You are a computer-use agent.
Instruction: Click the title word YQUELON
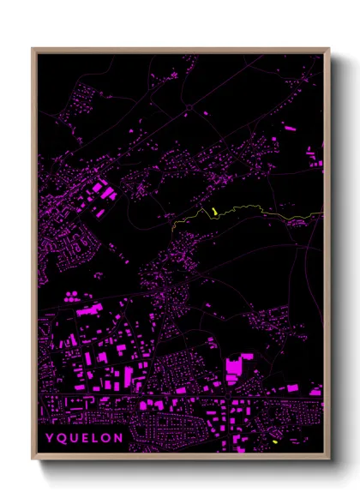point(84,438)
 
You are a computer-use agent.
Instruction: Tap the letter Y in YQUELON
point(49,438)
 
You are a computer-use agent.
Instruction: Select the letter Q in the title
point(60,438)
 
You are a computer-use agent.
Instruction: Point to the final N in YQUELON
point(118,438)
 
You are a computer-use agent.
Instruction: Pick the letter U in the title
point(73,438)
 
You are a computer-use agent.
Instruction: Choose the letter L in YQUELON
point(94,438)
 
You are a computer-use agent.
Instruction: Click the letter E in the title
point(84,438)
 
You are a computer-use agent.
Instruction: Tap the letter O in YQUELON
point(105,438)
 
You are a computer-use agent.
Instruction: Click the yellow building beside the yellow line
point(211,211)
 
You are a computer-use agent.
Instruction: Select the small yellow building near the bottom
point(274,441)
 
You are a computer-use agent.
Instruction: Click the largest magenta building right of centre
point(233,370)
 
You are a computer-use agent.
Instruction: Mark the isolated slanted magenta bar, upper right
point(289,128)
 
